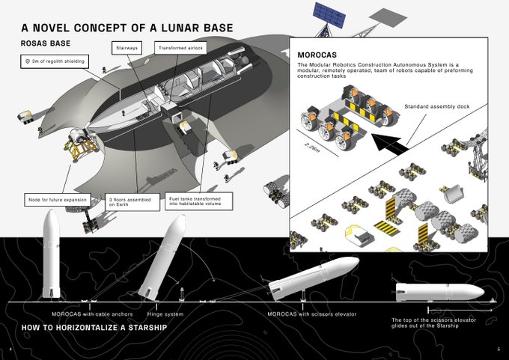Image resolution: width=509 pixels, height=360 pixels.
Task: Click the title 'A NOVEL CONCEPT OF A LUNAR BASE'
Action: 127,28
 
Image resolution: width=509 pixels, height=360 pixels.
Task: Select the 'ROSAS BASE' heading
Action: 50,43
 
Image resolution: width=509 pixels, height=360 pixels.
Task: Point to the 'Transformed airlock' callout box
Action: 180,48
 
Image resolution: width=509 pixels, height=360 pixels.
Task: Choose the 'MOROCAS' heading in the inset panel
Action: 317,55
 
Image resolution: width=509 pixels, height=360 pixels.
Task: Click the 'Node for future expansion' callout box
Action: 56,200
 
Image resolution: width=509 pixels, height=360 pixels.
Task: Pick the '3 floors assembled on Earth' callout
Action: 133,203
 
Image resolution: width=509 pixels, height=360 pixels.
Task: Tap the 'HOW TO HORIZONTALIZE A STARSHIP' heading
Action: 94,329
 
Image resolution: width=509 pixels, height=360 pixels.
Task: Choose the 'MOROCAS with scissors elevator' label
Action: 311,313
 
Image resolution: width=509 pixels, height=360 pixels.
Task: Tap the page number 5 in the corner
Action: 498,350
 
